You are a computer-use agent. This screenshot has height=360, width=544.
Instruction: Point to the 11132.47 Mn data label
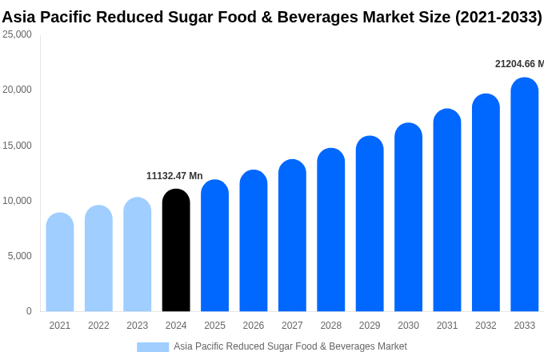(x=174, y=176)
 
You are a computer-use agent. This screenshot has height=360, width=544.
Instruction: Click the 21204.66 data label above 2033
(x=518, y=64)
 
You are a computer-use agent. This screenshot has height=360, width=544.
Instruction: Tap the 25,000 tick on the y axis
(x=18, y=34)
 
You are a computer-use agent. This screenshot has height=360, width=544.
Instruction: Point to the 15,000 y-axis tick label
(x=18, y=146)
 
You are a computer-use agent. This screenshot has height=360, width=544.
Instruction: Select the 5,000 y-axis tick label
(x=19, y=256)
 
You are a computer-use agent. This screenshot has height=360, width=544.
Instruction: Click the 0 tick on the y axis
(x=29, y=311)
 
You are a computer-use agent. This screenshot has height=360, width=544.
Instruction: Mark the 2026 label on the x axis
(x=254, y=326)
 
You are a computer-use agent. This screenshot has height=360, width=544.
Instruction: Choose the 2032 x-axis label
(x=486, y=326)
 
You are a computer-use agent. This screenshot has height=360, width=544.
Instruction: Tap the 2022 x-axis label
(x=98, y=326)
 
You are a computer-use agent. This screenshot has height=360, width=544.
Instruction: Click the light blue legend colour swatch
(x=153, y=346)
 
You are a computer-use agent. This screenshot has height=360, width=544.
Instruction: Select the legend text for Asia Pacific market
(x=290, y=346)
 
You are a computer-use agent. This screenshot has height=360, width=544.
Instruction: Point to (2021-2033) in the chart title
(x=498, y=17)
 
